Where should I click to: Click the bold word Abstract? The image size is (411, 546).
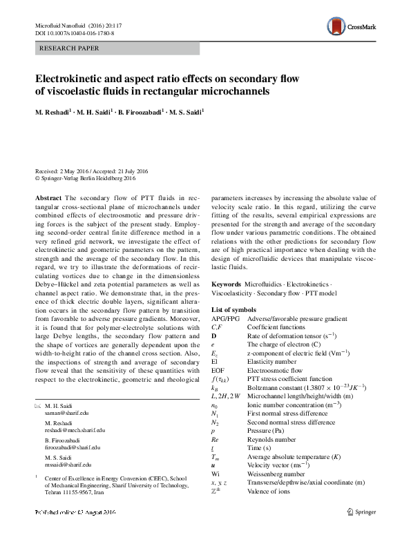48,197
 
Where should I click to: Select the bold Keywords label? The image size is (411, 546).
226,284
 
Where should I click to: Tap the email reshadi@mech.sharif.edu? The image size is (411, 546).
75,429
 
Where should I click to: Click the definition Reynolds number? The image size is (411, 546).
271,438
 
